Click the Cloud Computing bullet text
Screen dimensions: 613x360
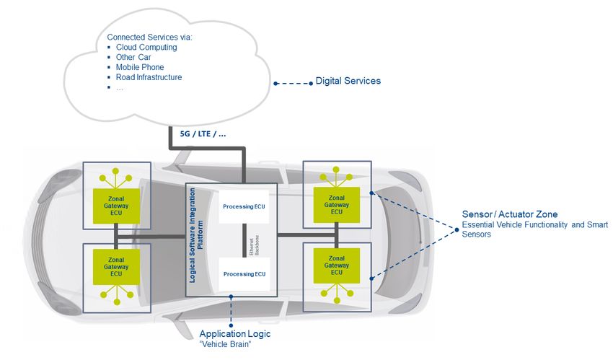146,48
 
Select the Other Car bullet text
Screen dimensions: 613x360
133,57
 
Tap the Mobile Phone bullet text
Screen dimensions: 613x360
140,67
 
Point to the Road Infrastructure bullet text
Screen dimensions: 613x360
149,77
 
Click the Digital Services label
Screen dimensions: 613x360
348,81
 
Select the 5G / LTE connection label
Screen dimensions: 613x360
203,133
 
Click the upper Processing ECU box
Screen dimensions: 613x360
244,206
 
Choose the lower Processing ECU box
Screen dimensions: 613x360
244,274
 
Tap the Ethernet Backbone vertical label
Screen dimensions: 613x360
254,245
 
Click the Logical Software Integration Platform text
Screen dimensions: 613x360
196,235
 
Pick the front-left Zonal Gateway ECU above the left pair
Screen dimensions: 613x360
116,206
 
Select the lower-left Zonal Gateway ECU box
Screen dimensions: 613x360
116,267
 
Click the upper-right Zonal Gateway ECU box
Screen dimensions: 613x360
337,205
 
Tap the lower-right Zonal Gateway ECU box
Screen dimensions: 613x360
337,265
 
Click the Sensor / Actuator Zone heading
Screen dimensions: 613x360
510,214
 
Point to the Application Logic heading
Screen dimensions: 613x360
235,334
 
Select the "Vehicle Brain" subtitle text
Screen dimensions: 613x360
225,344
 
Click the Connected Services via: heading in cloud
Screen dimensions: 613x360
150,37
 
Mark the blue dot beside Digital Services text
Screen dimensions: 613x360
311,83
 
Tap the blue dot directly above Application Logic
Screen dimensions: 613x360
231,325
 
